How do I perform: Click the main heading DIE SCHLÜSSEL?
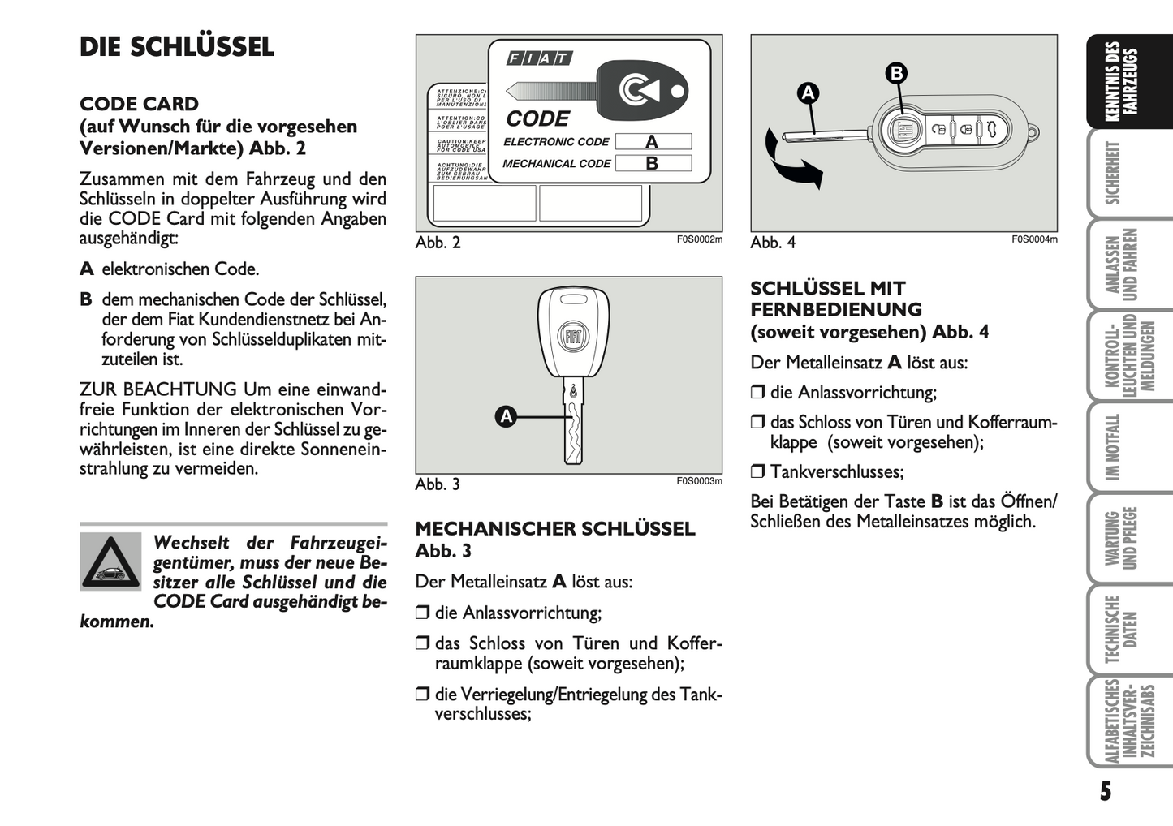click(x=177, y=47)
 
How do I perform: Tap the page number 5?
click(x=1106, y=791)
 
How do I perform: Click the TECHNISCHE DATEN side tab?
click(x=1120, y=630)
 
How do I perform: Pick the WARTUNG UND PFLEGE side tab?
click(x=1120, y=538)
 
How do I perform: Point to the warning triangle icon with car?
click(x=110, y=561)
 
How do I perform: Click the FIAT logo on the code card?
click(x=539, y=58)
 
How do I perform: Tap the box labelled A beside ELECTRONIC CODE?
click(x=653, y=142)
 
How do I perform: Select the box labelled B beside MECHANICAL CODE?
click(x=653, y=163)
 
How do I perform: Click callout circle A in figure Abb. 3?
click(x=507, y=417)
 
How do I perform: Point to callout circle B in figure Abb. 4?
click(x=896, y=74)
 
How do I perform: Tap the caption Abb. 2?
click(x=438, y=243)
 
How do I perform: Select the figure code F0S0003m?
click(x=699, y=481)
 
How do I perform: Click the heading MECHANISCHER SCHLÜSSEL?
click(x=555, y=529)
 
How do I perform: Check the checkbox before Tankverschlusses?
click(x=757, y=471)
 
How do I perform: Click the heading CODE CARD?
click(x=139, y=104)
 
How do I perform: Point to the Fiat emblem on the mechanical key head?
click(x=573, y=336)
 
